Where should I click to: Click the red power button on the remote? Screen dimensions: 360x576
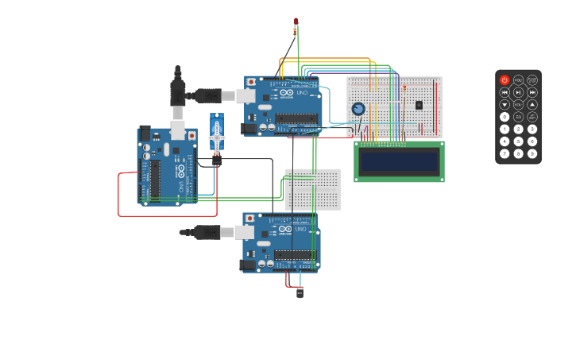tap(504, 80)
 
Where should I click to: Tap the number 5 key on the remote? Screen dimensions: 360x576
tap(518, 141)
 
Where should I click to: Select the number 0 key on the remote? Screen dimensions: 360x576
tap(504, 117)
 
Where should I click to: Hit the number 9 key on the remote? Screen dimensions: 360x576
tap(532, 153)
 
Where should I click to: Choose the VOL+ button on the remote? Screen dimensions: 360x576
tap(518, 80)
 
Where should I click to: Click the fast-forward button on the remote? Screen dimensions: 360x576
tap(532, 92)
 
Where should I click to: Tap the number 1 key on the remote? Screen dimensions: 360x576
tap(504, 129)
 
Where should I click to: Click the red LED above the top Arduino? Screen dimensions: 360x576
tap(296, 21)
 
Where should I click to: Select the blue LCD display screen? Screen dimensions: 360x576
tap(399, 162)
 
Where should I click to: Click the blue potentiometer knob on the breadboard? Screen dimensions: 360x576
tap(358, 109)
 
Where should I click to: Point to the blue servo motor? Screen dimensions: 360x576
tap(217, 134)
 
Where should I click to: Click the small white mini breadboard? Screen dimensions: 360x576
tap(312, 189)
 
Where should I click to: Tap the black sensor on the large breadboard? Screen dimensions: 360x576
tap(419, 105)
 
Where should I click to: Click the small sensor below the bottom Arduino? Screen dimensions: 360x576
tap(300, 292)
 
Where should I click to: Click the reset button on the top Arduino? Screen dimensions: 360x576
tap(252, 81)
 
